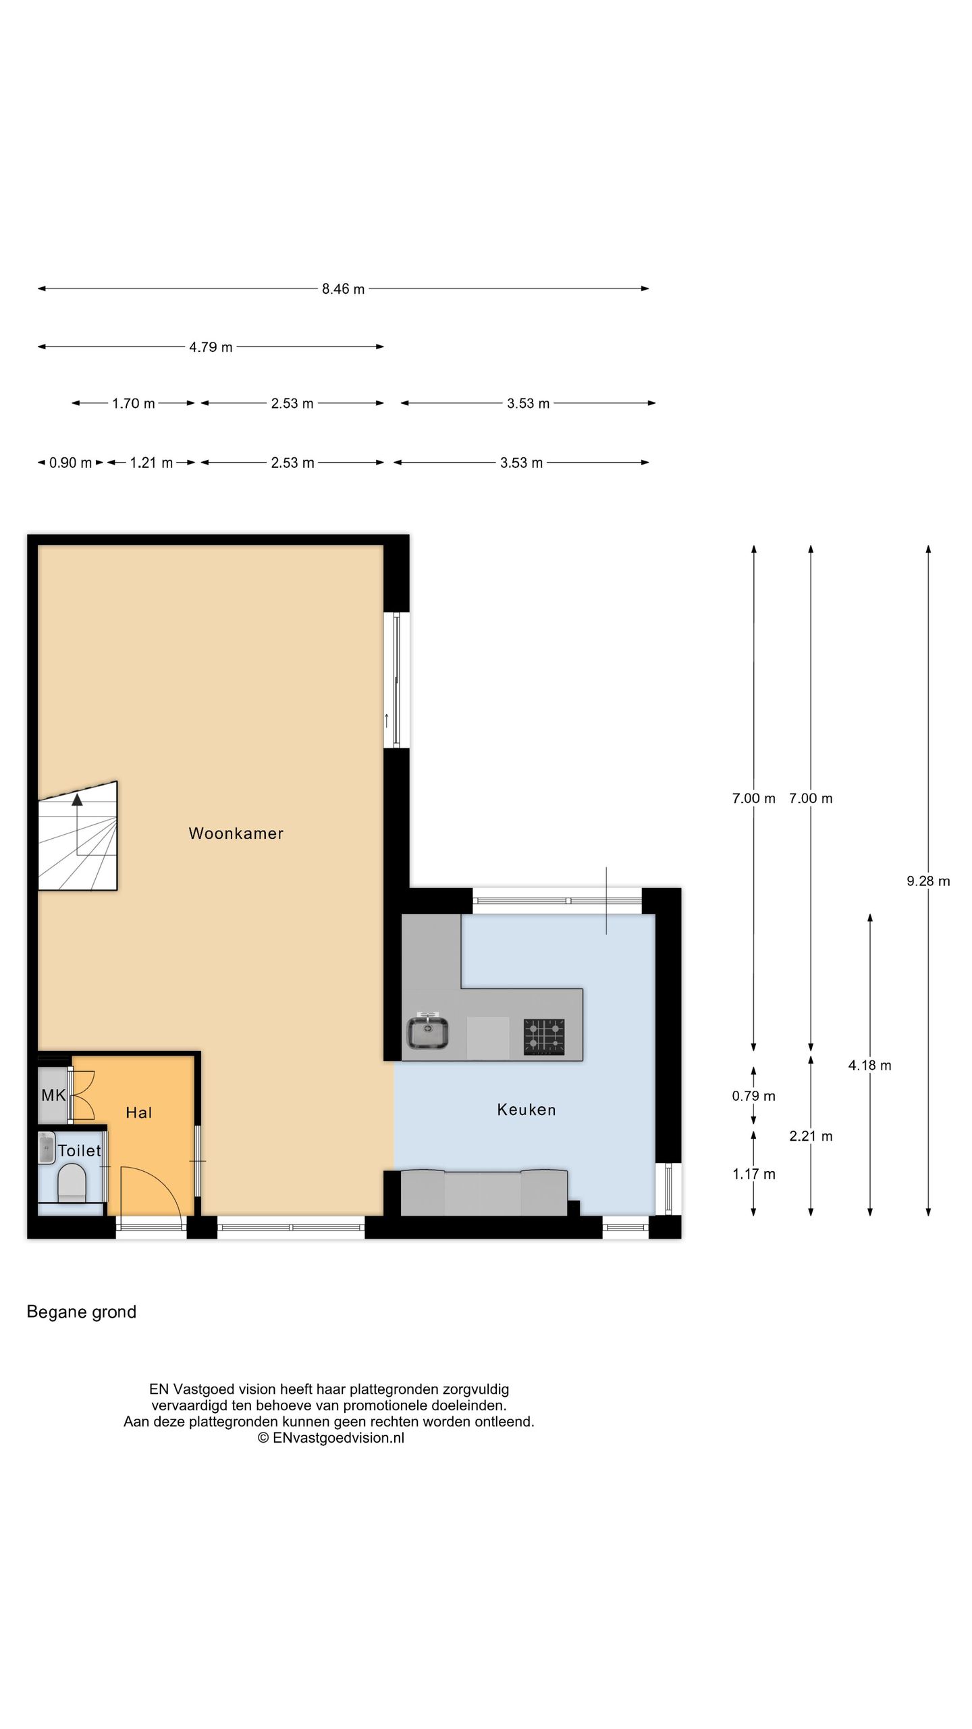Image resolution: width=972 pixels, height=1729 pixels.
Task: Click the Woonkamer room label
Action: (x=236, y=833)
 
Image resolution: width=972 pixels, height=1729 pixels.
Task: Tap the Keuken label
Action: (x=526, y=1110)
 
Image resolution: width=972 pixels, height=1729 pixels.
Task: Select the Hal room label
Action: (x=139, y=1113)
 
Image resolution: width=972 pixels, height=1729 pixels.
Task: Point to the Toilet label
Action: (x=80, y=1151)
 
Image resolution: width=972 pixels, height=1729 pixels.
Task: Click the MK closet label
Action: (x=53, y=1095)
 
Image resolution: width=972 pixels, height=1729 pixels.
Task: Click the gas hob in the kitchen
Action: (x=544, y=1037)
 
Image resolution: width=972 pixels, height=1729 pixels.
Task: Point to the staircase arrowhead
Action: (x=77, y=800)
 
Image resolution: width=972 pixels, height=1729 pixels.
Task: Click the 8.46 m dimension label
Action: (x=343, y=289)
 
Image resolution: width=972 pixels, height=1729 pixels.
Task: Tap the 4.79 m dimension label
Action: (x=211, y=347)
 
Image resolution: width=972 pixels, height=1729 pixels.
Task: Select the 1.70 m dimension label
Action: (x=134, y=404)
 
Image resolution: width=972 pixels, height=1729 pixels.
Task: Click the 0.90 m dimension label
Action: (x=70, y=463)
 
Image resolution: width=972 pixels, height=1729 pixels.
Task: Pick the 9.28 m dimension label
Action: (x=928, y=881)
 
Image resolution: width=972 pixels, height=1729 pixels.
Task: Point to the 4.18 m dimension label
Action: (x=869, y=1065)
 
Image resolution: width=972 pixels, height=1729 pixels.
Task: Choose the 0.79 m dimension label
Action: (x=753, y=1095)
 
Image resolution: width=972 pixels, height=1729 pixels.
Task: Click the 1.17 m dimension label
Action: (x=753, y=1174)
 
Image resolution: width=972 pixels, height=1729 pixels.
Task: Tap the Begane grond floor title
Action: (x=82, y=1312)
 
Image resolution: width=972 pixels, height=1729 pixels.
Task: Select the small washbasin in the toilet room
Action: (x=46, y=1147)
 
